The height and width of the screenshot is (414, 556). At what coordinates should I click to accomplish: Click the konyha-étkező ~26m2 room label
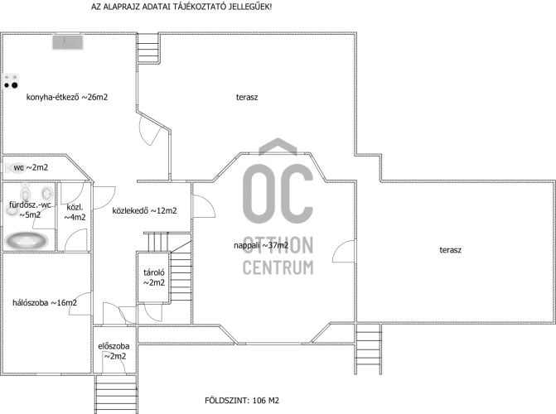67,97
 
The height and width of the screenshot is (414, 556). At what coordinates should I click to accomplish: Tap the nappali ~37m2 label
261,245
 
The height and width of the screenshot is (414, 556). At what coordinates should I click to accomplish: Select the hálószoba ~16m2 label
45,303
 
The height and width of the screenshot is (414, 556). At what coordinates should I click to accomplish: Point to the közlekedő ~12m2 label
144,210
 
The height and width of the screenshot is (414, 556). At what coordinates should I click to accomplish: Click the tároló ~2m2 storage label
154,277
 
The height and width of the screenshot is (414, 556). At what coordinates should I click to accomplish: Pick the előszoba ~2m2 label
114,351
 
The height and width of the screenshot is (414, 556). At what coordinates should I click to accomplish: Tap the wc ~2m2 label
31,167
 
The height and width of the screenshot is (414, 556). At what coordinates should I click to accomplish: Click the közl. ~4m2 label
75,212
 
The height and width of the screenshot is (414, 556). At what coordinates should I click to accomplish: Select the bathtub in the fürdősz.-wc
27,241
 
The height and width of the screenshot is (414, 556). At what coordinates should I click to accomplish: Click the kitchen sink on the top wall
68,42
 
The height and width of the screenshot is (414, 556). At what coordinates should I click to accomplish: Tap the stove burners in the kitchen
11,82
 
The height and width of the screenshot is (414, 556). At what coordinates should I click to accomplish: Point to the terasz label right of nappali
450,250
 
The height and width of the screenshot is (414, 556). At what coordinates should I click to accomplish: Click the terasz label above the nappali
247,97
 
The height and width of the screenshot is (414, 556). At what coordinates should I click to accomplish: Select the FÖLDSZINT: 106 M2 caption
242,401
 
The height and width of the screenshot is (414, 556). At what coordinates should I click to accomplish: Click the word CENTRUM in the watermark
278,267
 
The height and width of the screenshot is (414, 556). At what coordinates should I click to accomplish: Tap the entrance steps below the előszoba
116,394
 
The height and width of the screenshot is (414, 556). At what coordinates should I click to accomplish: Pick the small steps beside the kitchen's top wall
147,49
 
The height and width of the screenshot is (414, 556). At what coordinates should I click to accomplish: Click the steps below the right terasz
369,349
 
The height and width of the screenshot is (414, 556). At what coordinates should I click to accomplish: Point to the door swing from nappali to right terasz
343,252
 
